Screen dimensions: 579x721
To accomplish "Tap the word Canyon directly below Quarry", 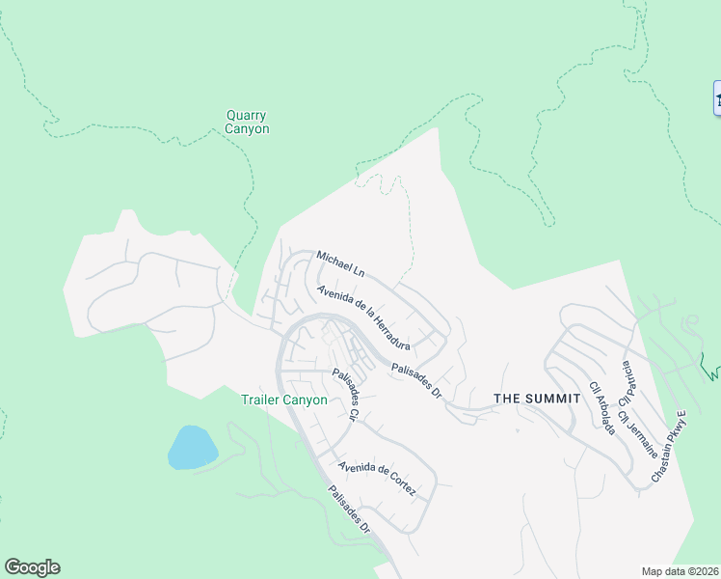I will (x=247, y=128).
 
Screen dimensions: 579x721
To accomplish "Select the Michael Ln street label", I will (x=340, y=262).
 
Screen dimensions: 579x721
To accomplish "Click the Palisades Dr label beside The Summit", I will (x=415, y=379).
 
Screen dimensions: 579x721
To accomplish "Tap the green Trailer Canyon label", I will (x=283, y=400).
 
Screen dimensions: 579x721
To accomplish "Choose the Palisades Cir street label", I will (x=345, y=396).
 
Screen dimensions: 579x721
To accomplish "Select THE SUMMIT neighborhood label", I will (x=537, y=398).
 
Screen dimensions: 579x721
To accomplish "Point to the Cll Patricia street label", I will (x=628, y=383).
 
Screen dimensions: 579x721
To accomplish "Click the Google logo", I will (x=32, y=567).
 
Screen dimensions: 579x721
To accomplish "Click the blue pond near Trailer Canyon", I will (x=192, y=447).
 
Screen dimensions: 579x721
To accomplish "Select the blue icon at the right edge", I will (x=717, y=97).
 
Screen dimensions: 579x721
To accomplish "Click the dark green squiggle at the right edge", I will (x=710, y=366).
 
